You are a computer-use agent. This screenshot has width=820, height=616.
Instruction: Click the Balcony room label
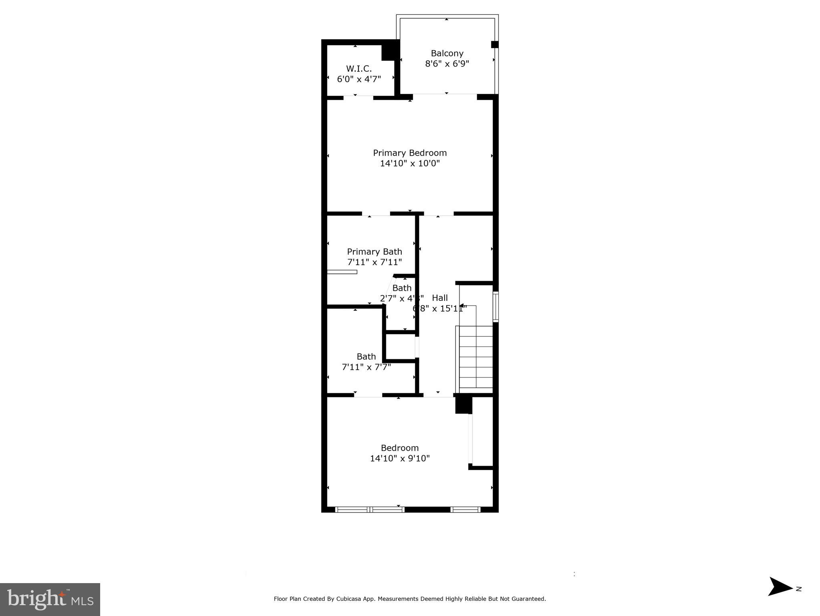(x=447, y=53)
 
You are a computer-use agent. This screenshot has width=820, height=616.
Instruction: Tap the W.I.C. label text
(x=359, y=69)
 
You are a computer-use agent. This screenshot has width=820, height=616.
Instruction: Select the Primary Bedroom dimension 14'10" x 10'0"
(x=409, y=163)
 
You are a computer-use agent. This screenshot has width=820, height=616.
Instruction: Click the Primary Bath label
(x=374, y=251)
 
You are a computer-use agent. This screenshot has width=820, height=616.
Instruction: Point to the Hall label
(x=439, y=298)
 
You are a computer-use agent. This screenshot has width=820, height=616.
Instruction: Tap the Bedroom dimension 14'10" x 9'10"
(x=399, y=458)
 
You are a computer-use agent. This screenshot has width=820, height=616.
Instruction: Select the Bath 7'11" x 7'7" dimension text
(x=366, y=367)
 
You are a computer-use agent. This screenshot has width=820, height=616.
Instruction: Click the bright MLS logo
(x=50, y=599)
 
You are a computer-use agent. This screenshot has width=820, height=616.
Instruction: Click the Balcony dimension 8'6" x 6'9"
(x=447, y=64)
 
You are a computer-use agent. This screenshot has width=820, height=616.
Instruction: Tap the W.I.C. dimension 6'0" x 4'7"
(x=359, y=79)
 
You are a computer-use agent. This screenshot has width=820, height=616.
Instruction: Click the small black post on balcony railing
(x=494, y=45)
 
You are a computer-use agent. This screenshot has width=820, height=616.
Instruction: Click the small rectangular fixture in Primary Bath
(x=342, y=272)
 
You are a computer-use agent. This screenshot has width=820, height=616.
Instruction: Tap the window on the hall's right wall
(x=496, y=307)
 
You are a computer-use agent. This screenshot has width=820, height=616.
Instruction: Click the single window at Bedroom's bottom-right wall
(x=465, y=510)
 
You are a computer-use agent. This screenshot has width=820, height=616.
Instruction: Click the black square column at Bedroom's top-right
(x=463, y=405)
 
